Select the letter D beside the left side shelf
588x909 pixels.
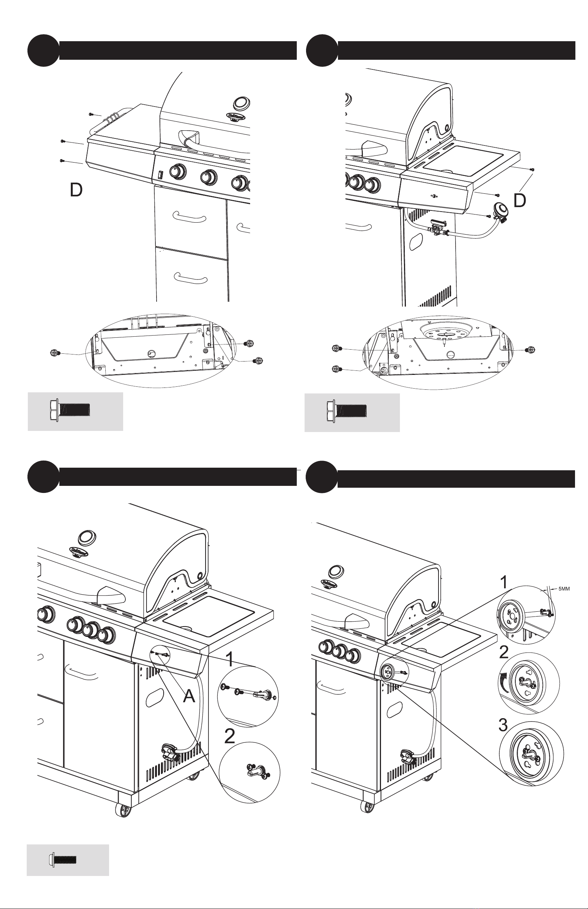[x=76, y=190]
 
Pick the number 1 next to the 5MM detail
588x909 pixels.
[x=504, y=583]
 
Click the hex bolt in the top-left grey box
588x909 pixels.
[x=70, y=411]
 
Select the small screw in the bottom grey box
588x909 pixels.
[x=63, y=860]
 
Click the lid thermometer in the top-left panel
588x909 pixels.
[x=241, y=103]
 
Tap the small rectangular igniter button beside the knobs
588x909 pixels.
[x=160, y=175]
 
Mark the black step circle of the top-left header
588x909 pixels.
[x=43, y=50]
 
